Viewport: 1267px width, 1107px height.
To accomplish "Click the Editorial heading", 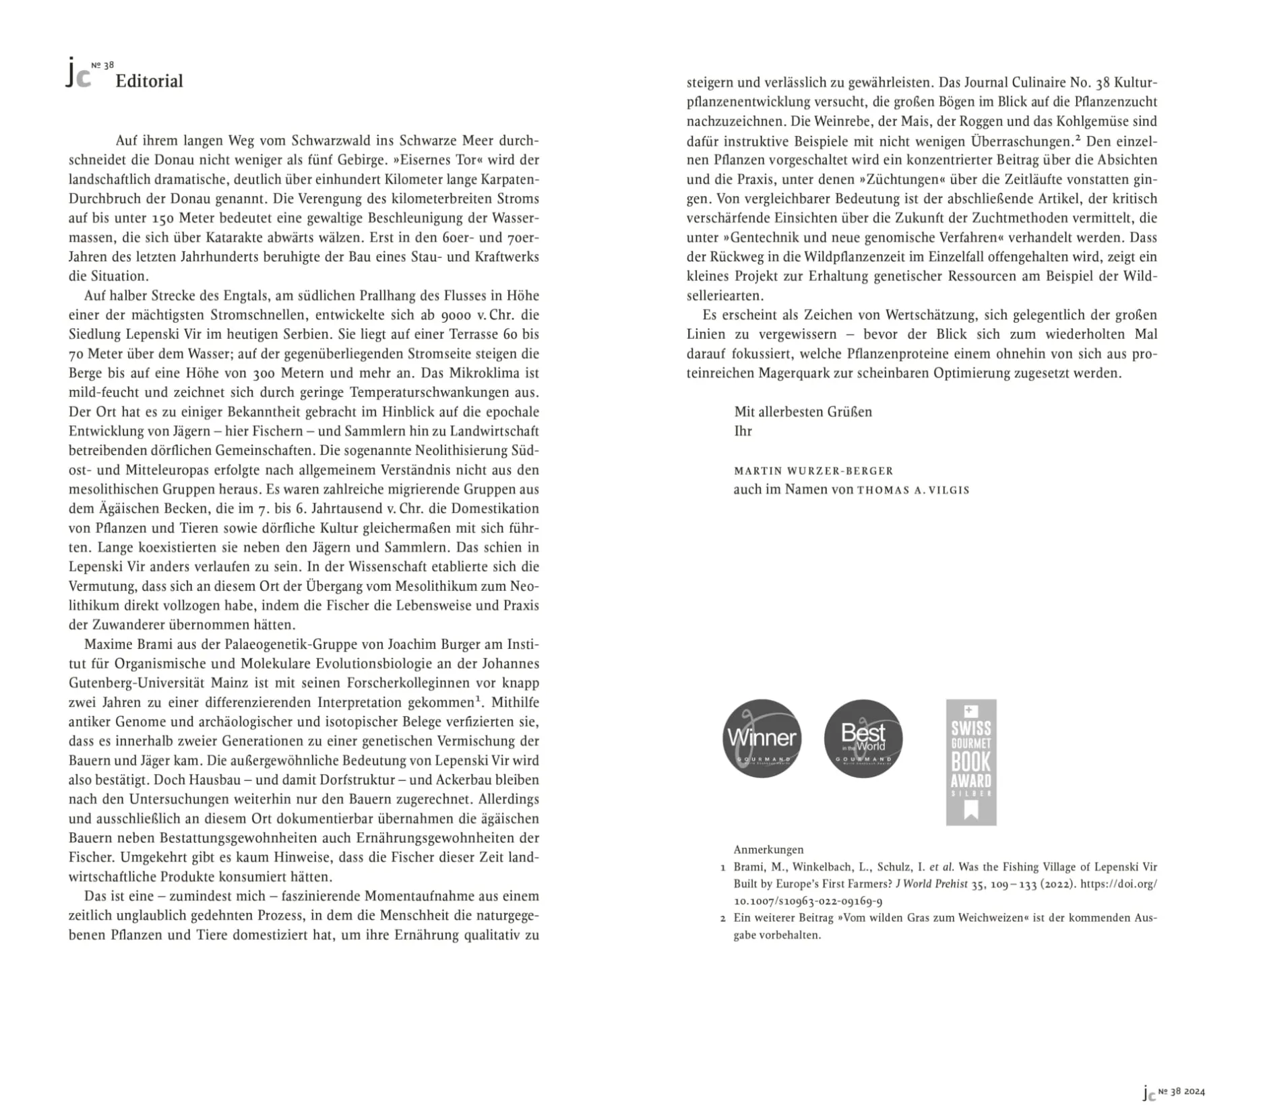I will point(149,81).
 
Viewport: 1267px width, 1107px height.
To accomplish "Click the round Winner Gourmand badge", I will point(762,738).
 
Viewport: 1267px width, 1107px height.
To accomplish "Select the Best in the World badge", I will point(863,738).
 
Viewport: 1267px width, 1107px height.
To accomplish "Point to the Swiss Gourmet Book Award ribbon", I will point(970,761).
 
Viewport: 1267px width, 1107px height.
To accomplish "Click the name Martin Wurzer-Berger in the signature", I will point(813,470).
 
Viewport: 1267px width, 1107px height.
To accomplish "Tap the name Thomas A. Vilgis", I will point(913,490).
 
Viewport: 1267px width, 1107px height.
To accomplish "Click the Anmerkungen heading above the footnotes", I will point(768,849).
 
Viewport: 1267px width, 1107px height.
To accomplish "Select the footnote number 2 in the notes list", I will point(723,918).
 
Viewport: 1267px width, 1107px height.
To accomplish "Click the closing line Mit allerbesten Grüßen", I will point(803,411).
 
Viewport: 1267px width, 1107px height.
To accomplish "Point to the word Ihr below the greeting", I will point(743,431).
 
